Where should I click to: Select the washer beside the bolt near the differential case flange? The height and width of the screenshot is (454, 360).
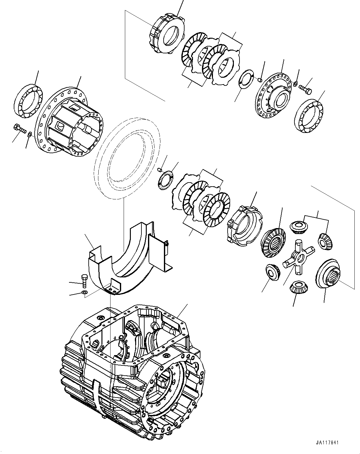coord(29,134)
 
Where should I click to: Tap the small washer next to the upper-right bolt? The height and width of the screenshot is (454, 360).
coord(295,83)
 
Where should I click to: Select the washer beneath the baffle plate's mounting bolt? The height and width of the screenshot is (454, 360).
coord(84,292)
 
